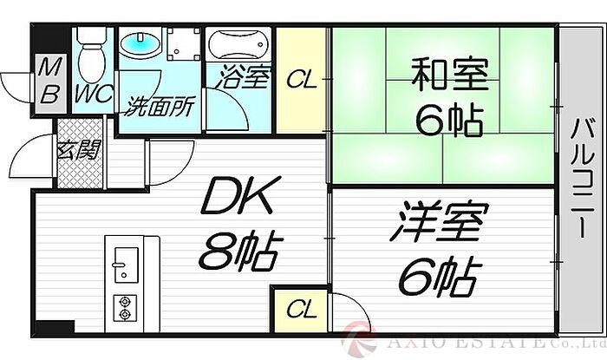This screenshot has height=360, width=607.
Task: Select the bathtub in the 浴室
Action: (x=238, y=44)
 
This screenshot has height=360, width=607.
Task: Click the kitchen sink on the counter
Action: (x=126, y=265)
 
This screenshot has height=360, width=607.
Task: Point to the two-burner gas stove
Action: (x=125, y=308)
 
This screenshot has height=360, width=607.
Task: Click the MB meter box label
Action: (x=49, y=84)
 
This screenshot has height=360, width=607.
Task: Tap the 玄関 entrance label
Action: (x=79, y=149)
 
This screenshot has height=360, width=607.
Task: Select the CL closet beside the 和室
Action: (x=302, y=80)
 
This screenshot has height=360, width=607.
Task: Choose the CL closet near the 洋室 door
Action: (x=301, y=310)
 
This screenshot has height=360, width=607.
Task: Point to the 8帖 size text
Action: (x=238, y=252)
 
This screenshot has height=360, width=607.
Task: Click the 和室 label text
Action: (x=449, y=74)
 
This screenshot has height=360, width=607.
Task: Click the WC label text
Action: (x=94, y=94)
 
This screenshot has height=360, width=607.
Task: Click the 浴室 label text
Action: (x=243, y=78)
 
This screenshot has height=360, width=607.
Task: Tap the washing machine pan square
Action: (x=184, y=43)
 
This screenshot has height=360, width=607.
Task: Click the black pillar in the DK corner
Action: (x=55, y=326)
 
